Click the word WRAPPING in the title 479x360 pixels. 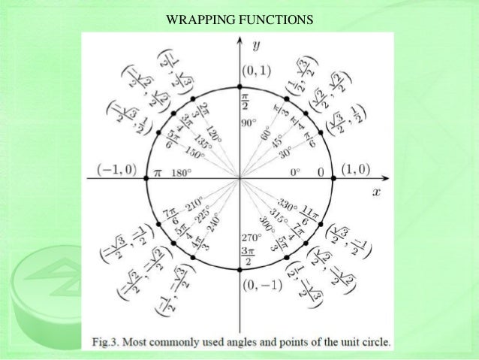tap(197, 17)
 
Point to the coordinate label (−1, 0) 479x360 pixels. tap(116, 170)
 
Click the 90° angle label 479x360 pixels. tap(249, 122)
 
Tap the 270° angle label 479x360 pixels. tap(252, 237)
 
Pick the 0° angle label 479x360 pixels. tap(297, 172)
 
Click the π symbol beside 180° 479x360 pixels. tap(158, 171)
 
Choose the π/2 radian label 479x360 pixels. tap(246, 101)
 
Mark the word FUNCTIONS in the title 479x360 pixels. tap(273, 17)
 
